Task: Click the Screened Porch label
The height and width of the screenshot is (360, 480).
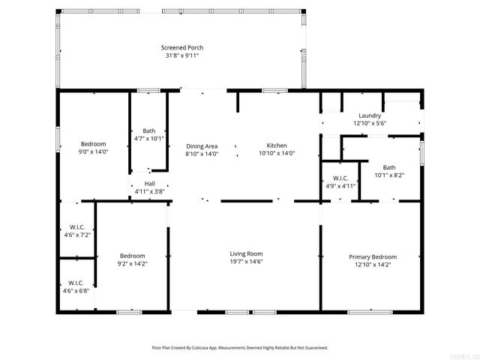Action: [181, 48]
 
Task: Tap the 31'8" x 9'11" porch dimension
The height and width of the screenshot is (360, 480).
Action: [181, 55]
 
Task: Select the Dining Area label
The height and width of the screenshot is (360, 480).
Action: [202, 145]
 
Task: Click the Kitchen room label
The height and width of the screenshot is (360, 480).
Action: [277, 145]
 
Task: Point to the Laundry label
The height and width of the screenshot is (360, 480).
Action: [369, 115]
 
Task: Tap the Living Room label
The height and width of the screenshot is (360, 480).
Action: [246, 253]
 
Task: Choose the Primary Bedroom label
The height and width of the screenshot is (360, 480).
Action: [370, 256]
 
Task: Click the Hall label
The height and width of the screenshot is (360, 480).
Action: [149, 184]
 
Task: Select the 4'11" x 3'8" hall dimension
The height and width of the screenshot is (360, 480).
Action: [149, 191]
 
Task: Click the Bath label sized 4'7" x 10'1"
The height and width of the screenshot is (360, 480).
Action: [149, 130]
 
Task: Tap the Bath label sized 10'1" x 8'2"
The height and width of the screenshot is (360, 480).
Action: [388, 167]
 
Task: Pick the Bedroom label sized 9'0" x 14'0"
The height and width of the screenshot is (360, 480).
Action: [94, 144]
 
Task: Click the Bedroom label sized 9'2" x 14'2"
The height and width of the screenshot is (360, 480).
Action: [132, 256]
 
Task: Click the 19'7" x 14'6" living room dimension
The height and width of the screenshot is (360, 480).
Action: [246, 261]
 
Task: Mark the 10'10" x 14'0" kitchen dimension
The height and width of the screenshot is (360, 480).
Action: [277, 153]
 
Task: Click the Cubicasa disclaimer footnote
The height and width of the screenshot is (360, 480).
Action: [240, 348]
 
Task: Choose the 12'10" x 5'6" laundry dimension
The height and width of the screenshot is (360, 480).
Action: [369, 123]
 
